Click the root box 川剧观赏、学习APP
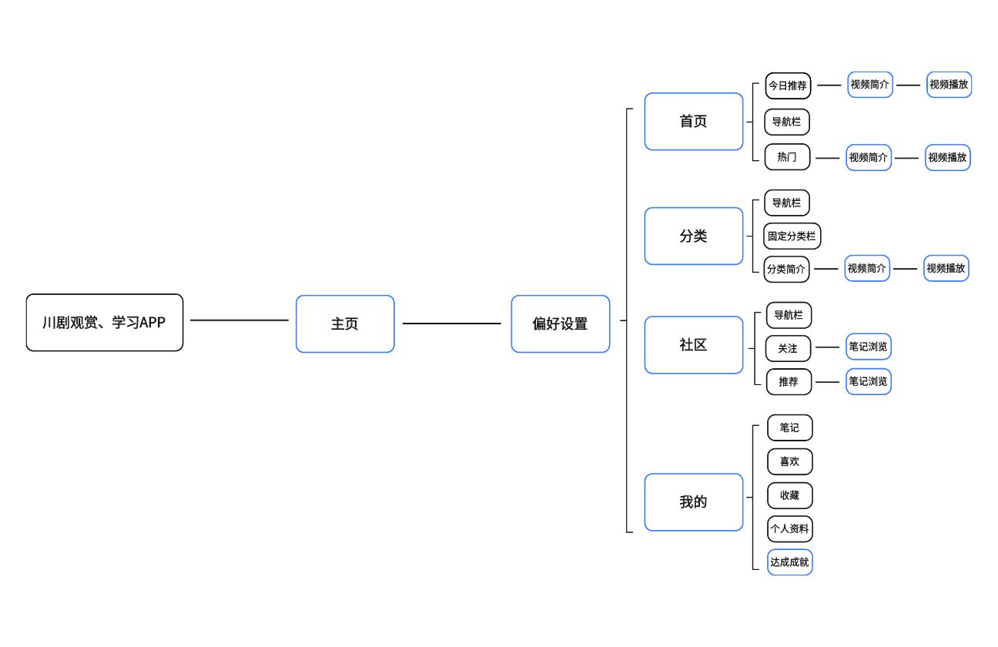pos(105,323)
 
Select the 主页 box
pos(345,324)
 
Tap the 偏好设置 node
pos(560,324)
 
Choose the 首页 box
pos(693,122)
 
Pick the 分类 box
pos(693,236)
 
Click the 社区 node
pos(693,345)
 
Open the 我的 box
pos(693,502)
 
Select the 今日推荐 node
pos(788,85)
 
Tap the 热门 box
pos(787,157)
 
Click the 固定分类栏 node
pos(792,236)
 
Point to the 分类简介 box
pos(786,270)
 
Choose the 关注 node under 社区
pos(788,349)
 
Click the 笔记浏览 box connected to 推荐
pos(868,381)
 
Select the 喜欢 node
pos(789,462)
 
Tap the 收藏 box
pos(789,496)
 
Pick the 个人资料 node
pos(789,529)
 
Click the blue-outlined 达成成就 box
pos(789,562)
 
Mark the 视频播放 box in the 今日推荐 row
pos(949,85)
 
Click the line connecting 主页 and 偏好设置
pos(452,323)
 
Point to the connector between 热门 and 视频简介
pos(828,158)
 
